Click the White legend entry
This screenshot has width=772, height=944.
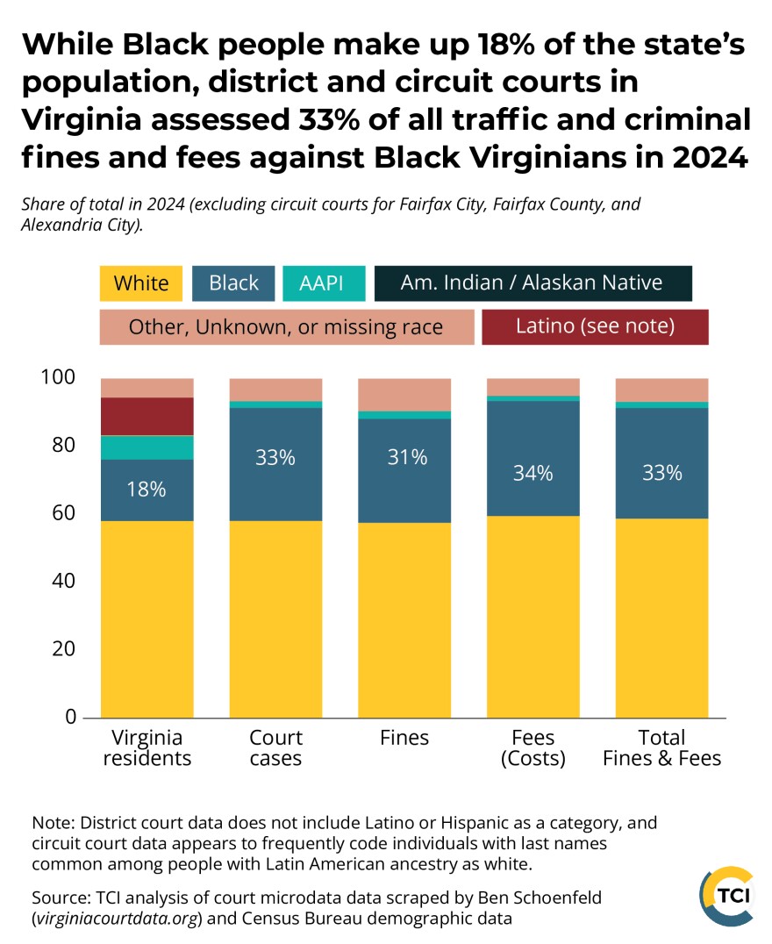click(140, 283)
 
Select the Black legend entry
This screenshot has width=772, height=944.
click(233, 283)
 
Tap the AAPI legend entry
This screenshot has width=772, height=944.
click(322, 283)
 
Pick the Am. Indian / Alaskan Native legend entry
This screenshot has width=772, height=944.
click(533, 283)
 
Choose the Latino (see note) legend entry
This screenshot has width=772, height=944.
click(595, 326)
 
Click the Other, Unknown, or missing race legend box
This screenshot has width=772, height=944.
click(286, 327)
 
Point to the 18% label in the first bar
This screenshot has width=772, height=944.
click(147, 490)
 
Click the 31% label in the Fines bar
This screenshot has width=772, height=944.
click(404, 457)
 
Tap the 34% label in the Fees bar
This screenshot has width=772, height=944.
click(533, 473)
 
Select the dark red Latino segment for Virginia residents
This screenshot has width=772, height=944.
click(147, 417)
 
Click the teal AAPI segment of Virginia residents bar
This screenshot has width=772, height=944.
click(147, 447)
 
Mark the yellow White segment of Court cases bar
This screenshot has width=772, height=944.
click(275, 619)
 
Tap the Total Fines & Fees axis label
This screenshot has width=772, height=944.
click(661, 747)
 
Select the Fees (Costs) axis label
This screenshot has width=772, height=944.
click(533, 747)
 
